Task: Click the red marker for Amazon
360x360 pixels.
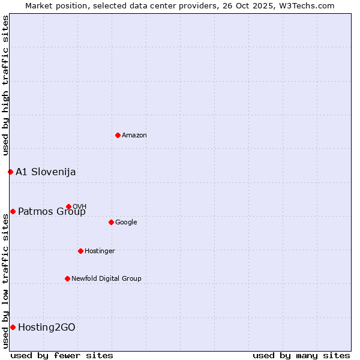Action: tap(118, 135)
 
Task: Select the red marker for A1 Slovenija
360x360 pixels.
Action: tap(10, 172)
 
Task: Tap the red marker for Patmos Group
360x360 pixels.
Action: tap(13, 211)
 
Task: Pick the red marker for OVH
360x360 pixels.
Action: tap(68, 206)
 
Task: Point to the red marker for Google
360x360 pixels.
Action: tap(111, 222)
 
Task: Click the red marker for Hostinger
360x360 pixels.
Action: tap(80, 251)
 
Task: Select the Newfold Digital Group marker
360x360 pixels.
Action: tap(67, 278)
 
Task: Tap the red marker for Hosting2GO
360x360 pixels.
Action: tap(13, 327)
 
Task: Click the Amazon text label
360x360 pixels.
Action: tap(134, 135)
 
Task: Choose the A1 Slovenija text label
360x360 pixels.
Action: tap(46, 172)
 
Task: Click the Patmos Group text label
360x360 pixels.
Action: tap(52, 211)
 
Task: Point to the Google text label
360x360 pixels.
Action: tap(126, 222)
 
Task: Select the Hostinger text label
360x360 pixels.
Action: tap(100, 251)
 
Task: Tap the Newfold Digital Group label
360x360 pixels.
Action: tap(106, 278)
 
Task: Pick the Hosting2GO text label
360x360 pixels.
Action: tap(47, 327)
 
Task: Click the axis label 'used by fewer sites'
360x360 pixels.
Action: tap(62, 355)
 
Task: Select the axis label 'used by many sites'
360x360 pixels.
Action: tap(301, 355)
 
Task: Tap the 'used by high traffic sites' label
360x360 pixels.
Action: tap(5, 86)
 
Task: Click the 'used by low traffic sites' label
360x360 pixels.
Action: tap(5, 281)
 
